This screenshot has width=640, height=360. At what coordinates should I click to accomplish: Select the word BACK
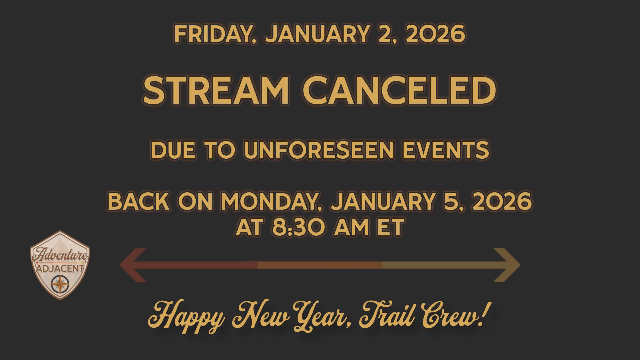pos(138,202)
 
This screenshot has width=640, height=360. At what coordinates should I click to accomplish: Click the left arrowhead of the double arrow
pos(133,265)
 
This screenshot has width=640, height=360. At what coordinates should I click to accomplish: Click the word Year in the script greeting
pos(320,315)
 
